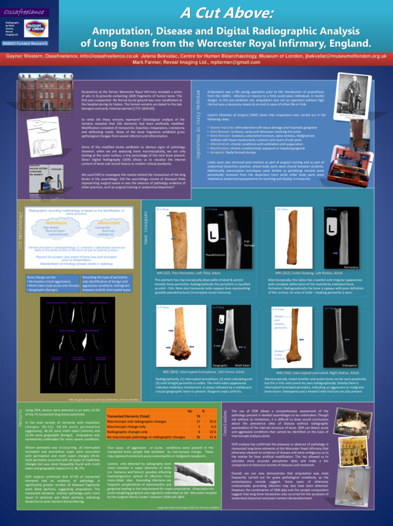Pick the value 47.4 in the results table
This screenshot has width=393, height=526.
(x=212, y=436)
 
